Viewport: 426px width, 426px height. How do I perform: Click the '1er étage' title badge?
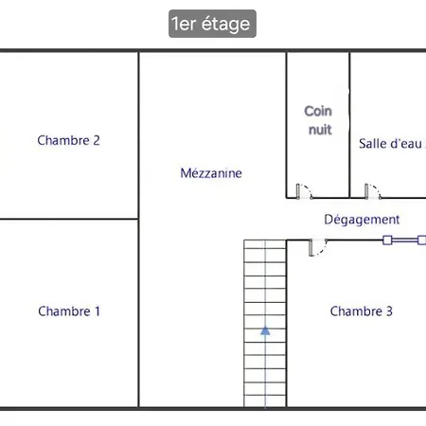(212, 24)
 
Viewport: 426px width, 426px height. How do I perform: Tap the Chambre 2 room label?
(68, 140)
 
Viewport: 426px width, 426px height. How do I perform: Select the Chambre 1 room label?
(69, 311)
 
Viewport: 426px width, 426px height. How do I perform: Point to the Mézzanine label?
(211, 173)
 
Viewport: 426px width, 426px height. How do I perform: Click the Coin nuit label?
(318, 120)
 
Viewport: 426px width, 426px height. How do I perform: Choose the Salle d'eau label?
(392, 144)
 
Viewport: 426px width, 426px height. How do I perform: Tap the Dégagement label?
(362, 220)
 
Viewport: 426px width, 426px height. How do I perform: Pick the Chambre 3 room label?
(362, 311)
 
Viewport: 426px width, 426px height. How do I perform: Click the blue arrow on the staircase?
(265, 330)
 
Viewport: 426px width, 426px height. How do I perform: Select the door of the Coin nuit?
(305, 191)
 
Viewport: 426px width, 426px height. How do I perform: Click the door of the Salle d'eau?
(373, 191)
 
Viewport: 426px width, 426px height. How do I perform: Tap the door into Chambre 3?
(318, 247)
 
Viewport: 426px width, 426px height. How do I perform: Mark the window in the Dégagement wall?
(404, 240)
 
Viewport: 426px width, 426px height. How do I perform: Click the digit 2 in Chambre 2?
(97, 140)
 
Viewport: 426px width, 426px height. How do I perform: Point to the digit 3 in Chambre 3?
(389, 311)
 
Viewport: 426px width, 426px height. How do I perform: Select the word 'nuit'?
(320, 130)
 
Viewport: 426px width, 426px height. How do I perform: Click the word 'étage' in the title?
(225, 25)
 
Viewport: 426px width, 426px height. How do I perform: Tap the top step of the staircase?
(265, 244)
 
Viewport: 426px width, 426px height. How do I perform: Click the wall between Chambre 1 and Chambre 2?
(69, 219)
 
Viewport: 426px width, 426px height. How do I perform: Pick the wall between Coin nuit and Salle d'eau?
(349, 125)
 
